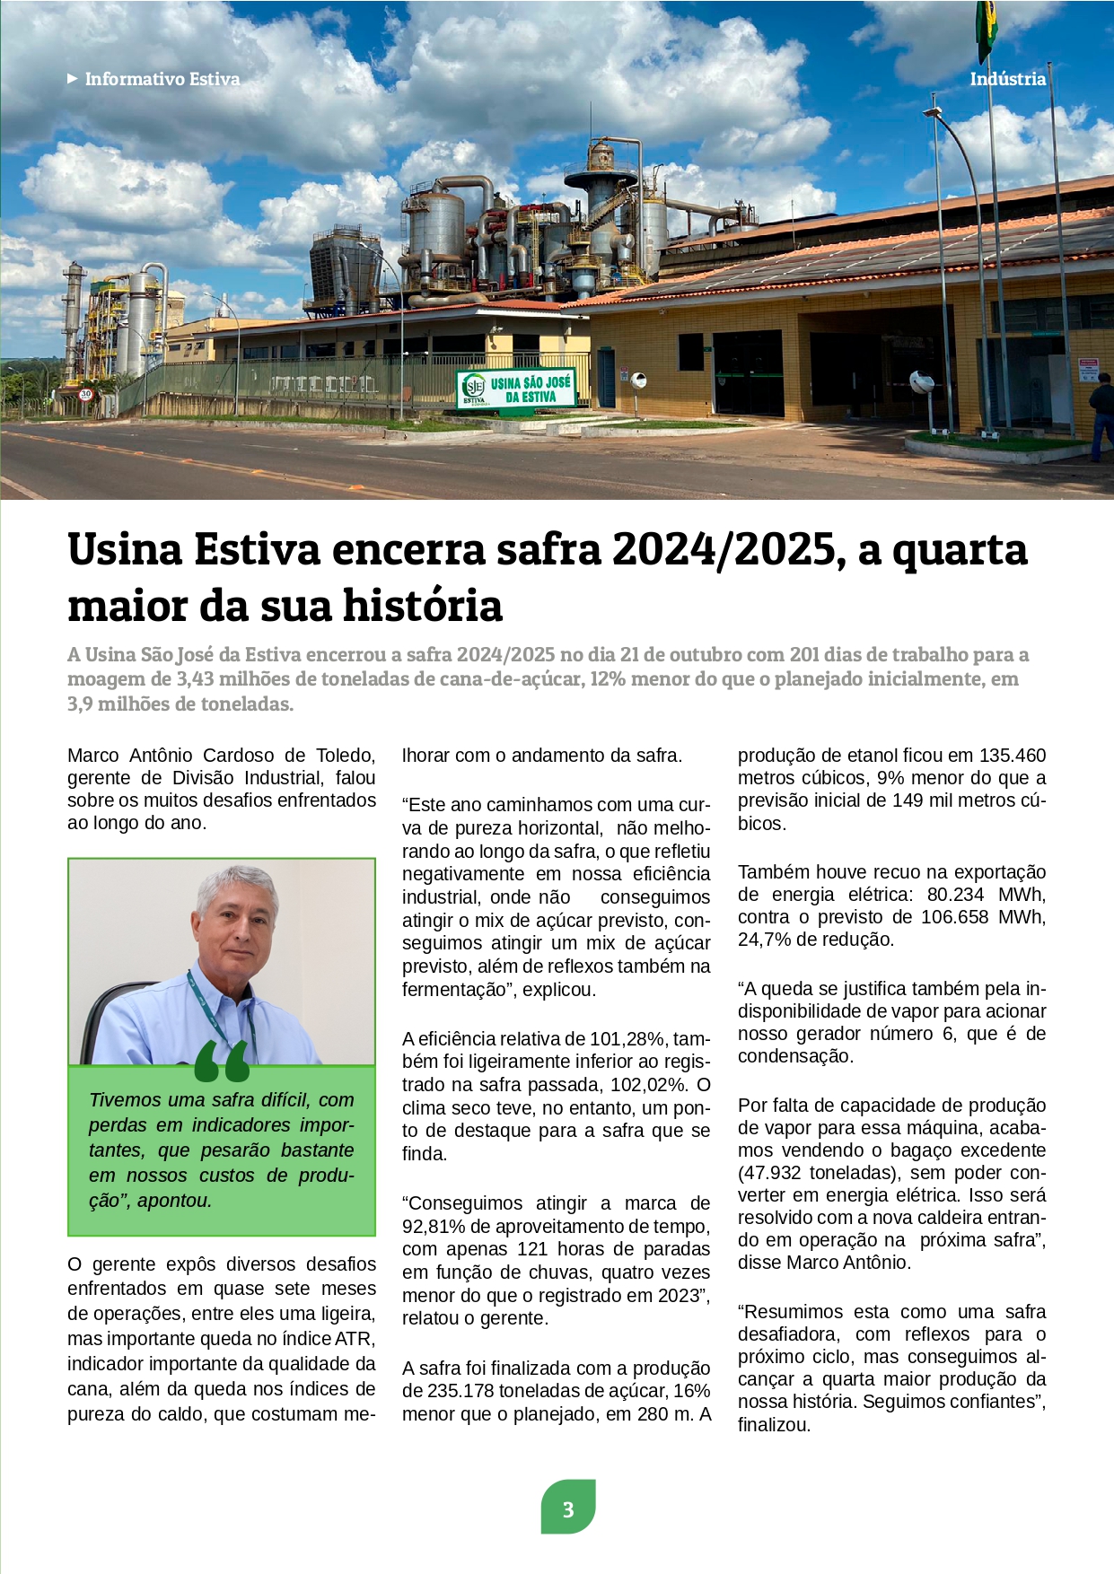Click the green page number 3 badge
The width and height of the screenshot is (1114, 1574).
(568, 1508)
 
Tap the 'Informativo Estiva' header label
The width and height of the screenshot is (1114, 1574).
(162, 79)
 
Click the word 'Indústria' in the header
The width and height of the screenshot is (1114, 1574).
(1007, 79)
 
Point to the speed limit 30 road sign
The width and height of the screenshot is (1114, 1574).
(86, 393)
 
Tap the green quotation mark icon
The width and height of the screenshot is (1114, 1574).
(221, 1062)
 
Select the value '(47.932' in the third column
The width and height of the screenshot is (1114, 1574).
(769, 1173)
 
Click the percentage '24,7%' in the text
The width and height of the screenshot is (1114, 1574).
(765, 940)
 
